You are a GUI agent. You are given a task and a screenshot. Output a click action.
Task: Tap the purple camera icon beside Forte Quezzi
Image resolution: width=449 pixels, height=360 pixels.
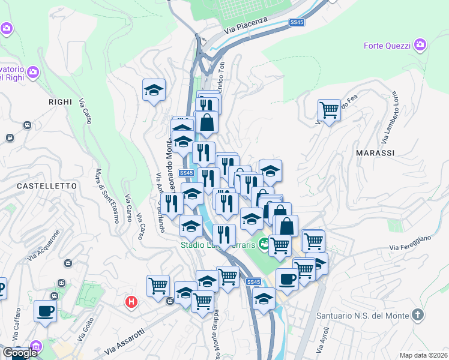[x=420, y=44]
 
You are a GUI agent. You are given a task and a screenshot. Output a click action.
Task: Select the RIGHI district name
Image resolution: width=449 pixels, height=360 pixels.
[x=60, y=103]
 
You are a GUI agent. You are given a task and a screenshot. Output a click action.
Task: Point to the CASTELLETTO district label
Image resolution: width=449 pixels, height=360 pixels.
[x=47, y=187]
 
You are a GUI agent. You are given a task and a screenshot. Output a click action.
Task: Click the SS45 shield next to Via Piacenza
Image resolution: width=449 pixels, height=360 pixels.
[x=297, y=22]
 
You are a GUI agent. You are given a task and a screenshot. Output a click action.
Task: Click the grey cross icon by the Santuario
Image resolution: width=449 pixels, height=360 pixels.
[x=417, y=315]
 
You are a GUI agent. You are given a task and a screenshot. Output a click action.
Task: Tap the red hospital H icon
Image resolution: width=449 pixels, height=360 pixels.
[x=130, y=302]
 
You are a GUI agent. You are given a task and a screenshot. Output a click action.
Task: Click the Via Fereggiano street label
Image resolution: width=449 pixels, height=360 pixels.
[x=410, y=243]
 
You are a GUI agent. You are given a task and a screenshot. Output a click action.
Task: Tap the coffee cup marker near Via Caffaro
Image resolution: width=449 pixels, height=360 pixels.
[x=45, y=311]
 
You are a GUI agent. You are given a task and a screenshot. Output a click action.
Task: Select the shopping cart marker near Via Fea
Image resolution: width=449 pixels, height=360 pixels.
[x=329, y=110]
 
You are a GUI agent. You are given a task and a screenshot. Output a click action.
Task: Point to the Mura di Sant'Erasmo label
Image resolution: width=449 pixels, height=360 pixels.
[x=100, y=191]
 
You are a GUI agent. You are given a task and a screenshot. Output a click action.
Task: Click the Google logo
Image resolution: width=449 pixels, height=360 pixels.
[x=20, y=353]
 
